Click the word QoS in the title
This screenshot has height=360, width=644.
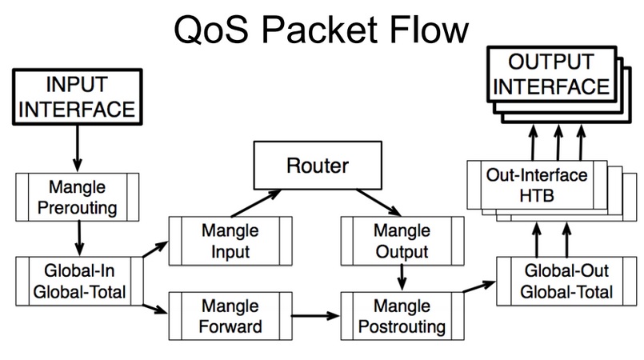point(211,30)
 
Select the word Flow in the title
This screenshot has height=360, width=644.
point(429,29)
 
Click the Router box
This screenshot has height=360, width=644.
point(318,166)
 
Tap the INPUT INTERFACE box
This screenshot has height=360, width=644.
point(78,97)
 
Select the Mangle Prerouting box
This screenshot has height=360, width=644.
point(78,197)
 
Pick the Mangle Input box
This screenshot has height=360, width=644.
point(230,241)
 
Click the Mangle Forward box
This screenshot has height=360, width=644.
point(230,316)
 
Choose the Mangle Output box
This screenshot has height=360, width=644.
point(402,241)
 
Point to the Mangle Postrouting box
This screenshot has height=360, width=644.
point(402,316)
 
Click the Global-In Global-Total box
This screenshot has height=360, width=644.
point(79,281)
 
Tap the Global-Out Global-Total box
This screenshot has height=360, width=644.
point(566,281)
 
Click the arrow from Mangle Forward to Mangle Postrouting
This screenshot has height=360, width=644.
point(315,316)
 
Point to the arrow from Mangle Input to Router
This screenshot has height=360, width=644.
point(256,203)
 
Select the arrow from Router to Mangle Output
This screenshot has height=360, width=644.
point(378,202)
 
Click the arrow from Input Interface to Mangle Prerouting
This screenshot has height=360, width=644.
point(78,148)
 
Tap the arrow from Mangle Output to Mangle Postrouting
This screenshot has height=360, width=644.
point(402,278)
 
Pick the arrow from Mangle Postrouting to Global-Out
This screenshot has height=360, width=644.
point(479,286)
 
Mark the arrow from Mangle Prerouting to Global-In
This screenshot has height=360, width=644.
point(79,238)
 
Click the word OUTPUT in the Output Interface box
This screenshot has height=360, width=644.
point(551,62)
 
